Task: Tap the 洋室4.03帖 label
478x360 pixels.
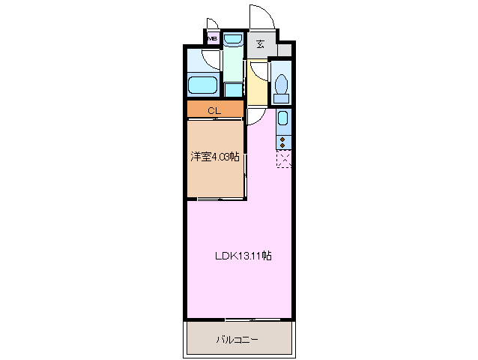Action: (215, 157)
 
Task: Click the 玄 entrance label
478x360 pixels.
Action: (260, 44)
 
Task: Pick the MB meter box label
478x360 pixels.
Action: (212, 38)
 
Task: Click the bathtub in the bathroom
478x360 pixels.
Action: (202, 85)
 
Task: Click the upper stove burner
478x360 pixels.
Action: (283, 139)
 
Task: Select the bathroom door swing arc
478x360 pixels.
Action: (212, 61)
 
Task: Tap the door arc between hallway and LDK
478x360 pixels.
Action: (256, 114)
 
